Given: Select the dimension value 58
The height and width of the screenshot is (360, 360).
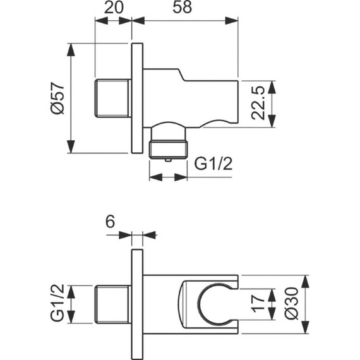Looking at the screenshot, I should click(185, 9).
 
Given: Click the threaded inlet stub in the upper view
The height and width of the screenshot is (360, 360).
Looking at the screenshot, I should click(113, 98).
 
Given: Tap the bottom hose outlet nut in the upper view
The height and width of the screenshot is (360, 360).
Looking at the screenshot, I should click(168, 150).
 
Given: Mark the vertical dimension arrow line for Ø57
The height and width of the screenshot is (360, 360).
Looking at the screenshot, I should click(72, 98).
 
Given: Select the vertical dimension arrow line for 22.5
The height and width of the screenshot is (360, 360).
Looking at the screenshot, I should click(273, 105).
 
